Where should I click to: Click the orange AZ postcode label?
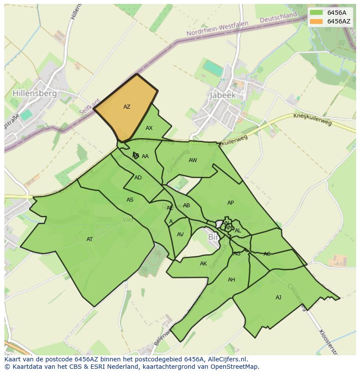pyautogui.click(x=127, y=107)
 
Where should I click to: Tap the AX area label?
pyautogui.click(x=149, y=128)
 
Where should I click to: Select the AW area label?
pyautogui.click(x=193, y=160)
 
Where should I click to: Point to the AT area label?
pyautogui.click(x=90, y=239)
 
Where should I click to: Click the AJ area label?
pyautogui.click(x=278, y=298)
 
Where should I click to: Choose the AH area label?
pyautogui.click(x=231, y=280)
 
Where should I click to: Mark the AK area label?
pyautogui.click(x=203, y=264)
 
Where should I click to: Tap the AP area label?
pyautogui.click(x=230, y=203)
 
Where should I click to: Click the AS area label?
pyautogui.click(x=130, y=200)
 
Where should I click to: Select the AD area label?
pyautogui.click(x=138, y=178)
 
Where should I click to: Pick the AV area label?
pyautogui.click(x=180, y=235)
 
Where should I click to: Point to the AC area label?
pyautogui.click(x=267, y=254)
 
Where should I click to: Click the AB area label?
pyautogui.click(x=187, y=205)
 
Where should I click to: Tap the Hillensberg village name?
pyautogui.click(x=35, y=93)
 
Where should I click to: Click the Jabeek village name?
pyautogui.click(x=223, y=95)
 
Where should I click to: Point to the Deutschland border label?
pyautogui.click(x=278, y=18)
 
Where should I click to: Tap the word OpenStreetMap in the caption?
pyautogui.click(x=235, y=367)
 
